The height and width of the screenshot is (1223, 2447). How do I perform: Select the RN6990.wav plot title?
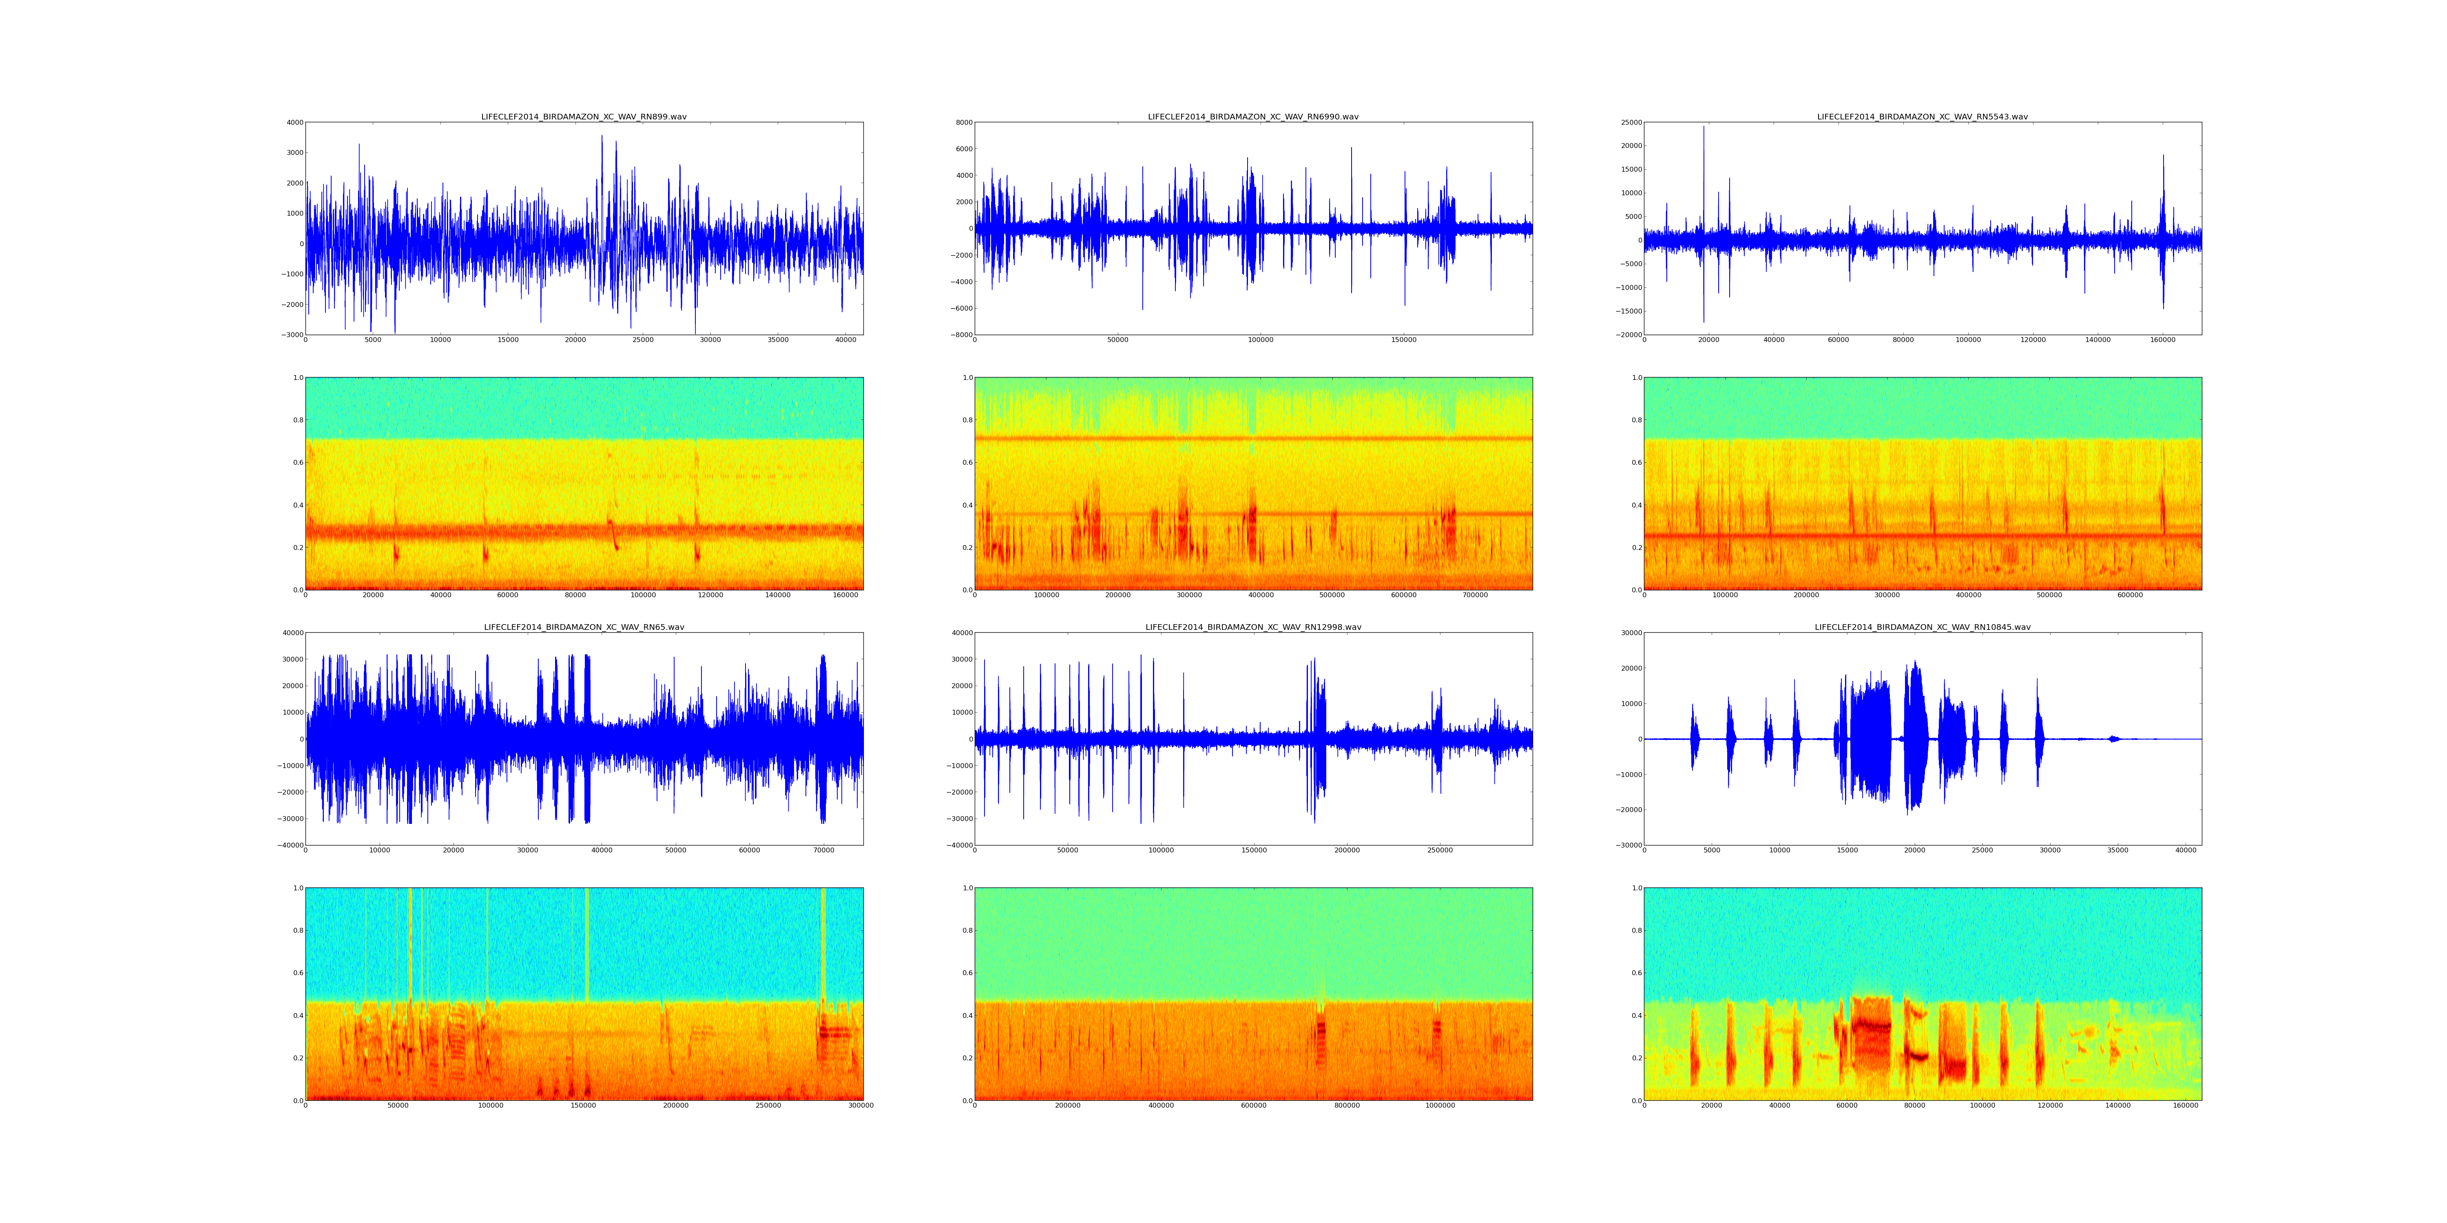1253,117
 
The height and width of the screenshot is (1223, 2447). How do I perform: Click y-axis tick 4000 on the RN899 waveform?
294,122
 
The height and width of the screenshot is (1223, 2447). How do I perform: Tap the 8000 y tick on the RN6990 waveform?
963,122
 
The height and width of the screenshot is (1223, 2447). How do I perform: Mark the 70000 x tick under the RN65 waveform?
823,851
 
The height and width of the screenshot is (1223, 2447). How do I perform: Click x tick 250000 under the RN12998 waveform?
1440,851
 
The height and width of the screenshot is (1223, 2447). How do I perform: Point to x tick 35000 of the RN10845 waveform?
2117,851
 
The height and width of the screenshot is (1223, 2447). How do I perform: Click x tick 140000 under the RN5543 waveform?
2097,340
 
